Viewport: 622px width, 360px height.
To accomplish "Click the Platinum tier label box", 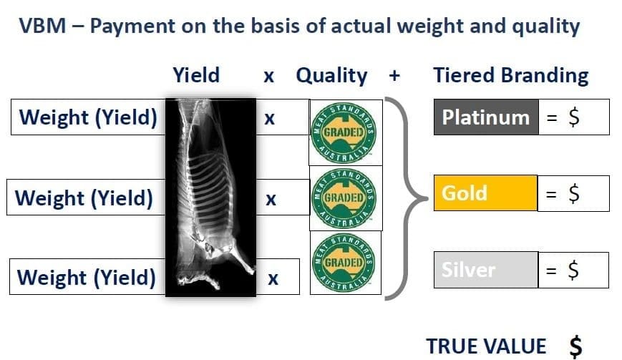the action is click(486, 117).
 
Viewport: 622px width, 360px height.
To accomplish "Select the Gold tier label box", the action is click(485, 193).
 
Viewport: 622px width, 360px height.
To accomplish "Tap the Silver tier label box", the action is click(486, 270).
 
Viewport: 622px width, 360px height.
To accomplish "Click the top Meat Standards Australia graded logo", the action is click(344, 132).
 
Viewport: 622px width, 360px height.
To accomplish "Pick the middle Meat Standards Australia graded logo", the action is click(344, 198).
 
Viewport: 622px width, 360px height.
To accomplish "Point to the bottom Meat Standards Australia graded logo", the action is click(344, 263).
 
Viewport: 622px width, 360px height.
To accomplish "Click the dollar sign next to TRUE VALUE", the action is click(575, 346).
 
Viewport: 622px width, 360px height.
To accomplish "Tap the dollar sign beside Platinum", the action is click(573, 117).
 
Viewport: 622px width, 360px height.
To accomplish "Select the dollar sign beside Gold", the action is click(573, 193).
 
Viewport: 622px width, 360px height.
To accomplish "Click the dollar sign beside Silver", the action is click(573, 270).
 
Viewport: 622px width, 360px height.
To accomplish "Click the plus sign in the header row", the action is click(394, 75).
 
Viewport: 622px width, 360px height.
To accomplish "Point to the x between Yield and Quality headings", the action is click(269, 76).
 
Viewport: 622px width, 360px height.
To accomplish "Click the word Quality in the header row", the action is click(331, 75).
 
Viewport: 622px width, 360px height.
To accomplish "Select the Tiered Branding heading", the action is click(511, 75).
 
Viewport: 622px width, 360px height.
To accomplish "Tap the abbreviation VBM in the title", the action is click(42, 26).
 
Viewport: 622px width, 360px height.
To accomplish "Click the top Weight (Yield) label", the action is click(88, 117).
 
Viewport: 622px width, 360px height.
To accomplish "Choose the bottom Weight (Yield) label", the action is click(87, 277).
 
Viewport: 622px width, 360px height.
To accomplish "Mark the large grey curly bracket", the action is click(407, 198).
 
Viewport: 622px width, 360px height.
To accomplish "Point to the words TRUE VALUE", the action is click(486, 346).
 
